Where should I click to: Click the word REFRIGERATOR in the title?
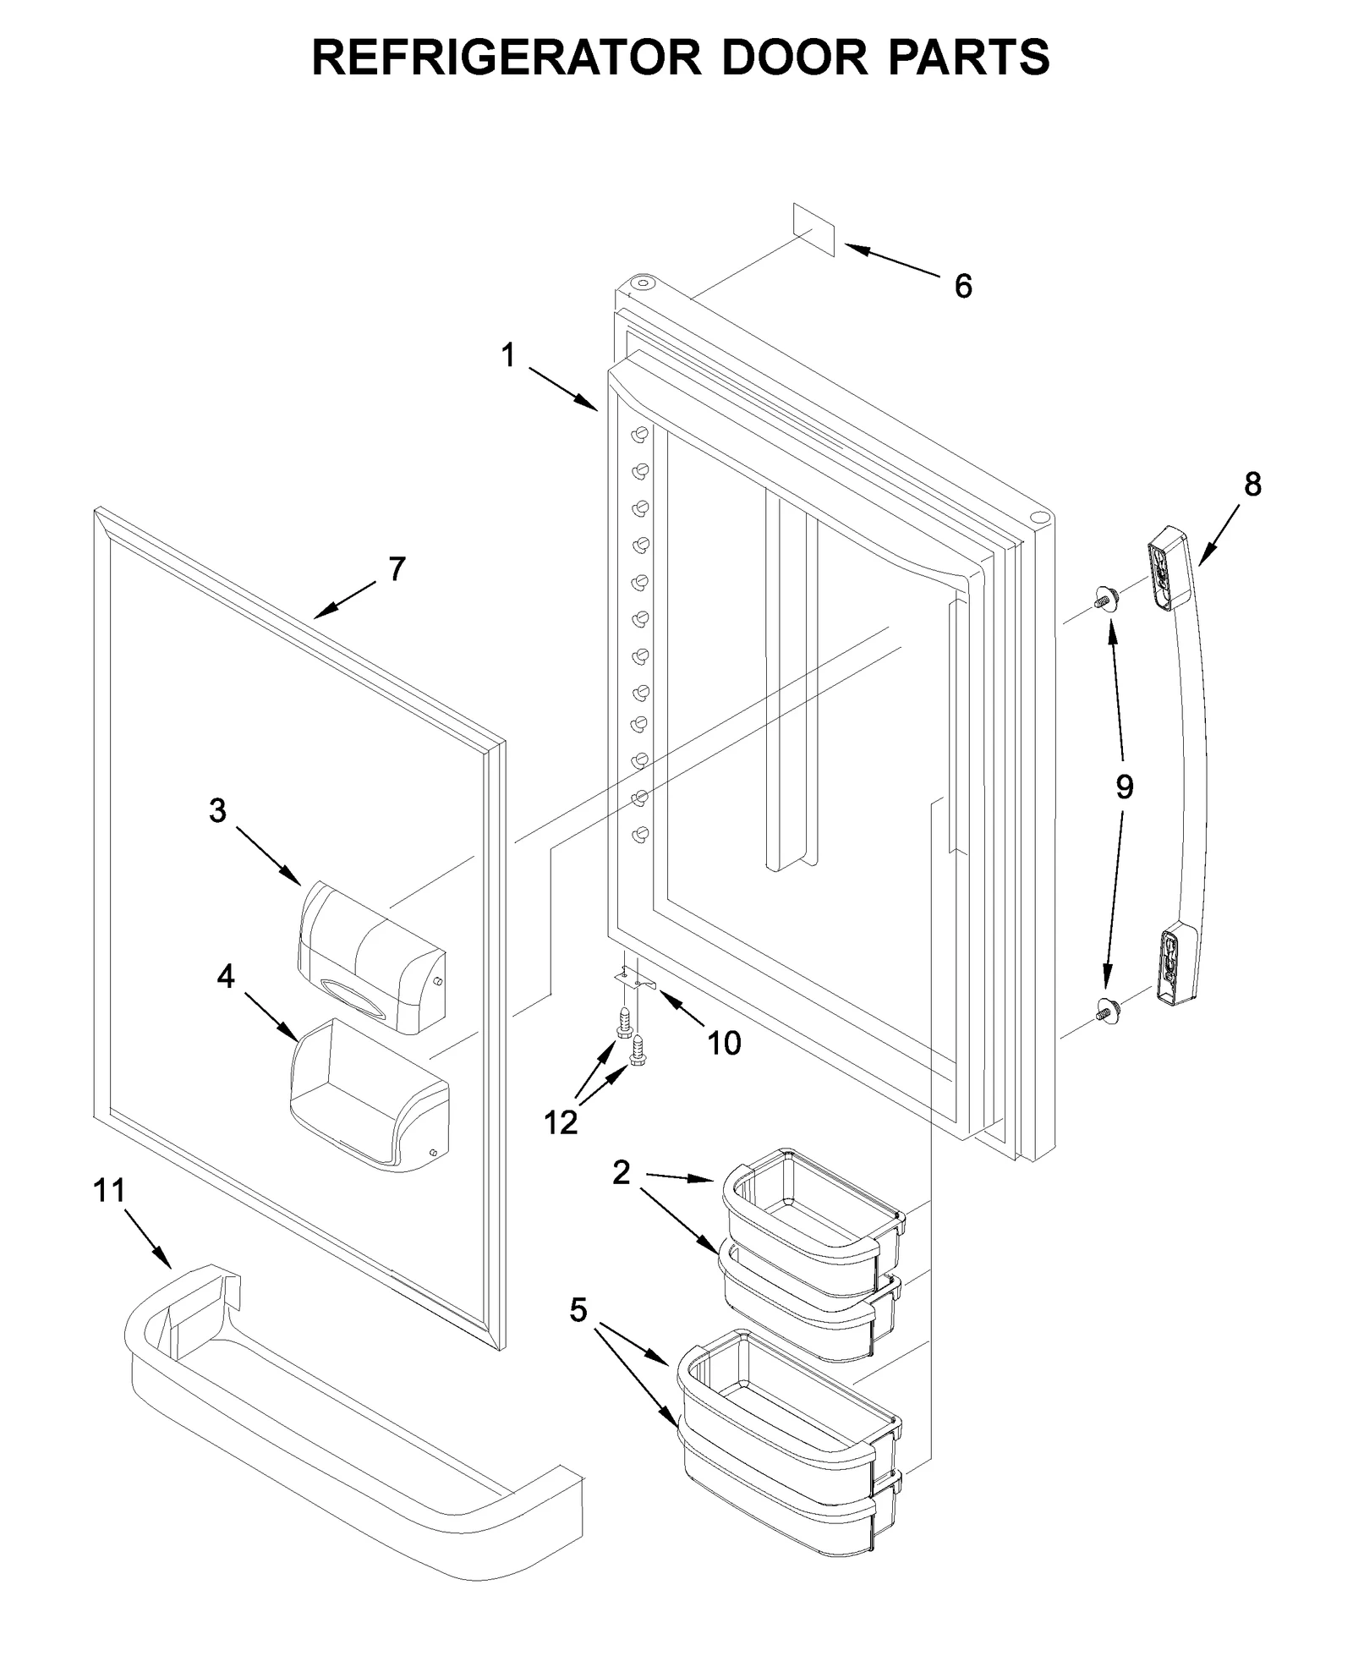click(x=506, y=58)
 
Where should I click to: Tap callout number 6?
click(x=962, y=287)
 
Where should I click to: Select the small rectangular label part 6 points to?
click(x=814, y=228)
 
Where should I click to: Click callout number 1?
click(x=507, y=356)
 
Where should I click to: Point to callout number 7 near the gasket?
click(x=397, y=569)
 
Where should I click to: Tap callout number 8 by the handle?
click(x=1252, y=485)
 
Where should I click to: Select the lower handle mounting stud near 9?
click(x=1104, y=1007)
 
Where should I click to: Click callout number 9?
click(x=1124, y=787)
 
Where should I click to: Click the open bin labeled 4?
click(x=369, y=1099)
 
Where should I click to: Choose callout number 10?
click(x=724, y=1043)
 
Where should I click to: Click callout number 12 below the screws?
click(x=561, y=1122)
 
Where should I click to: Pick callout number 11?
click(x=109, y=1191)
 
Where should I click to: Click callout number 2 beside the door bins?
click(x=622, y=1172)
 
